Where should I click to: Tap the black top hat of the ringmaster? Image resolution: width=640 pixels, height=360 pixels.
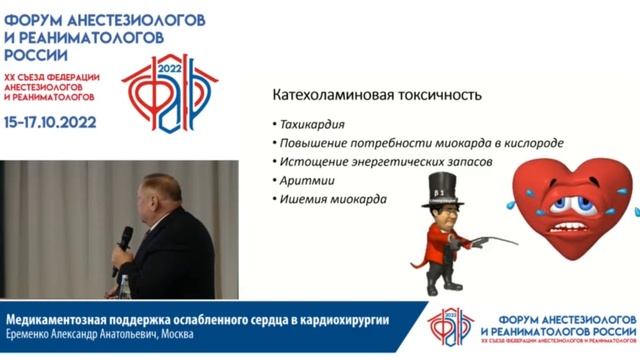pyautogui.click(x=441, y=186)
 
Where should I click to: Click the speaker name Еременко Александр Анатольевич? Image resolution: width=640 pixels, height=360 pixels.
pyautogui.click(x=84, y=334)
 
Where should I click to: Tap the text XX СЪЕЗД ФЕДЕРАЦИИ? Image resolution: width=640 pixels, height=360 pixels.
pyautogui.click(x=50, y=77)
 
